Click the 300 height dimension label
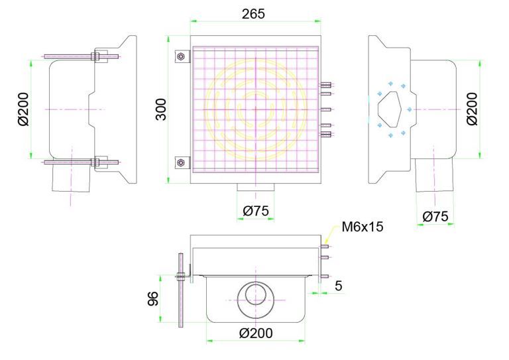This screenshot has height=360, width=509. (x=160, y=108)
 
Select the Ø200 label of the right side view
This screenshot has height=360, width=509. (x=471, y=109)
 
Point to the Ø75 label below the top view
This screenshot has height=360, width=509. (x=254, y=211)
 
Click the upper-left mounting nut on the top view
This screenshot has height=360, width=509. (x=180, y=56)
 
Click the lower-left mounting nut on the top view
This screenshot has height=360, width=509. (x=180, y=161)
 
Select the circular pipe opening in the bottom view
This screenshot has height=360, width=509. (x=254, y=296)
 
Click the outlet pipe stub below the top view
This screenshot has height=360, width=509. (x=254, y=189)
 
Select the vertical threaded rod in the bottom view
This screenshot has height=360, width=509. (x=180, y=289)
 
